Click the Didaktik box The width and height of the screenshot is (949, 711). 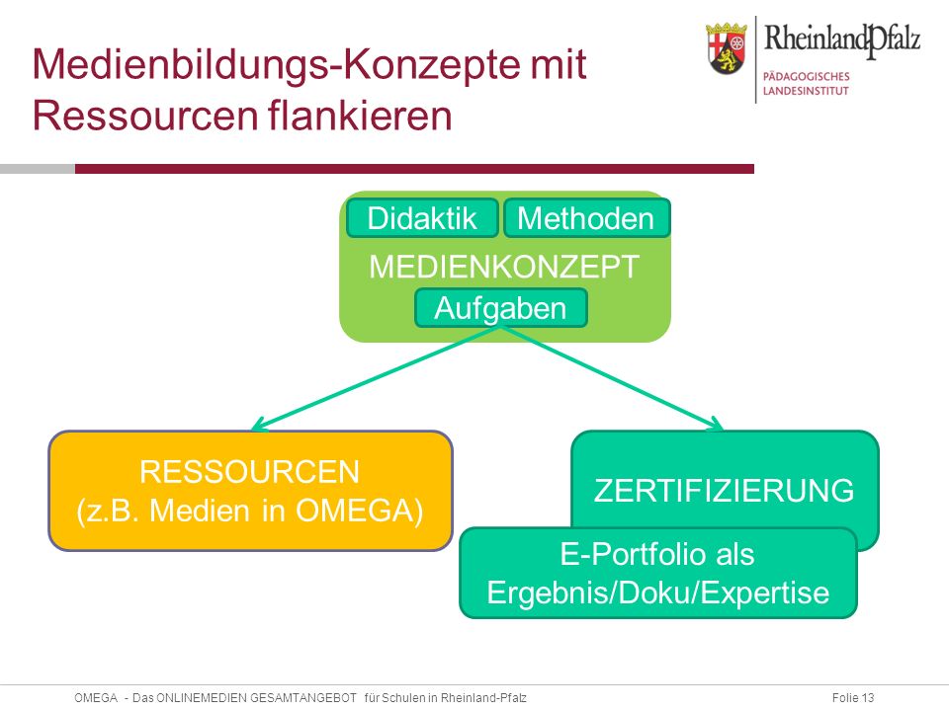(422, 217)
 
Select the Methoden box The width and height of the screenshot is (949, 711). (586, 217)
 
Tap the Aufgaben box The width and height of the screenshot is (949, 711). (500, 308)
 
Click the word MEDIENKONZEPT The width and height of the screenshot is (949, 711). (504, 266)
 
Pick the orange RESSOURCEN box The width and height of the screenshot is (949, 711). (250, 491)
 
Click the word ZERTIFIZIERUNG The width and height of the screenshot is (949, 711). (724, 491)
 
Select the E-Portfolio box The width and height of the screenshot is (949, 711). (658, 573)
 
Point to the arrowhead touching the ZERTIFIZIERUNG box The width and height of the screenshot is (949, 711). (717, 425)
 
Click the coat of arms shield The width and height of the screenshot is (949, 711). (727, 49)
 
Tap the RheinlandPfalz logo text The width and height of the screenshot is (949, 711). (842, 39)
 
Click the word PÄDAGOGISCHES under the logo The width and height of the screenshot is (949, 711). (807, 76)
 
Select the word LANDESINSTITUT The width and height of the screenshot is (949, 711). (806, 91)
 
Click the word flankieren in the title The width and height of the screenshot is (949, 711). (360, 115)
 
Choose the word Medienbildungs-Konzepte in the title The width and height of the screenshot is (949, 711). (278, 65)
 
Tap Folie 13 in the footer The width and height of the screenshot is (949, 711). (853, 698)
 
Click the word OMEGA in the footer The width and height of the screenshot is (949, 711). (96, 698)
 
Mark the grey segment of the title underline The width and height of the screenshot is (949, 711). (38, 169)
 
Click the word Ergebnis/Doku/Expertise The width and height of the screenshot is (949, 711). (658, 592)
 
